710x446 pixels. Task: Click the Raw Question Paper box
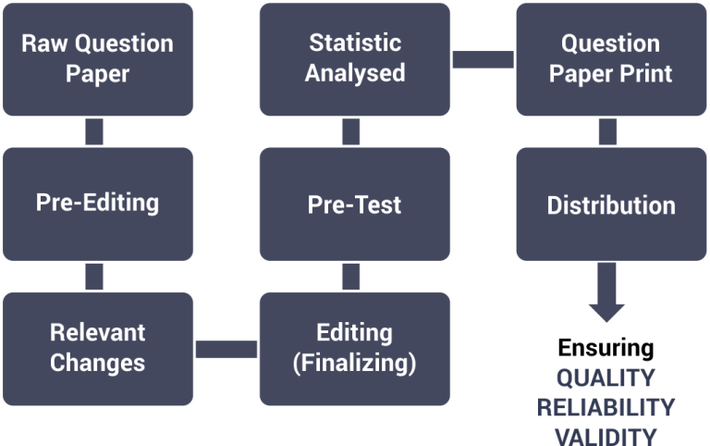coord(98,59)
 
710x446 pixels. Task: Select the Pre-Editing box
coord(98,204)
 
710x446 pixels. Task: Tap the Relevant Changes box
coord(98,349)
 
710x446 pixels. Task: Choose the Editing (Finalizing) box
coord(355,349)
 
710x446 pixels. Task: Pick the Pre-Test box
coord(355,204)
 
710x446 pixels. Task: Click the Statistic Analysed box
coord(355,59)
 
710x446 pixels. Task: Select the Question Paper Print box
coord(611,59)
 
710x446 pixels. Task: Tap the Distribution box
coord(611,204)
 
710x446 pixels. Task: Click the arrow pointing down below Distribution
coord(606,292)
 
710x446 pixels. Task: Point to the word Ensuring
coord(606,348)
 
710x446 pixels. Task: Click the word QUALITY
coord(606,378)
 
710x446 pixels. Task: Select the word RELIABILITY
coord(606,407)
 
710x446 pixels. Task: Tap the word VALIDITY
coord(606,436)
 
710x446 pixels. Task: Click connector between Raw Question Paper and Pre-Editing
coord(94,132)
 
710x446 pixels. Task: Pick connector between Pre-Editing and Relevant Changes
coord(94,277)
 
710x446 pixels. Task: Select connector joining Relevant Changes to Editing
coord(226,349)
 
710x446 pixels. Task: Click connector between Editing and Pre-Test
coord(351,277)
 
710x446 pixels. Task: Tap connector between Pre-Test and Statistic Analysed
coord(351,132)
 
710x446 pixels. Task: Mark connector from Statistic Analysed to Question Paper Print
coord(484,59)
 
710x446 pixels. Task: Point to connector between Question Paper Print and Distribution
coord(607,132)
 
